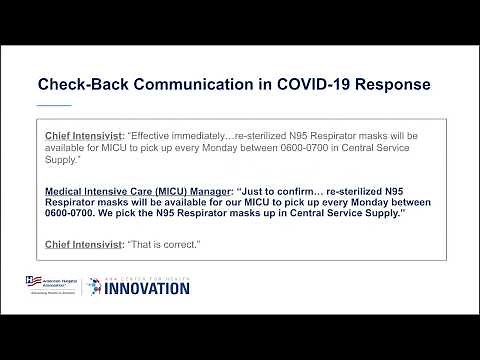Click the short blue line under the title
54,104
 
